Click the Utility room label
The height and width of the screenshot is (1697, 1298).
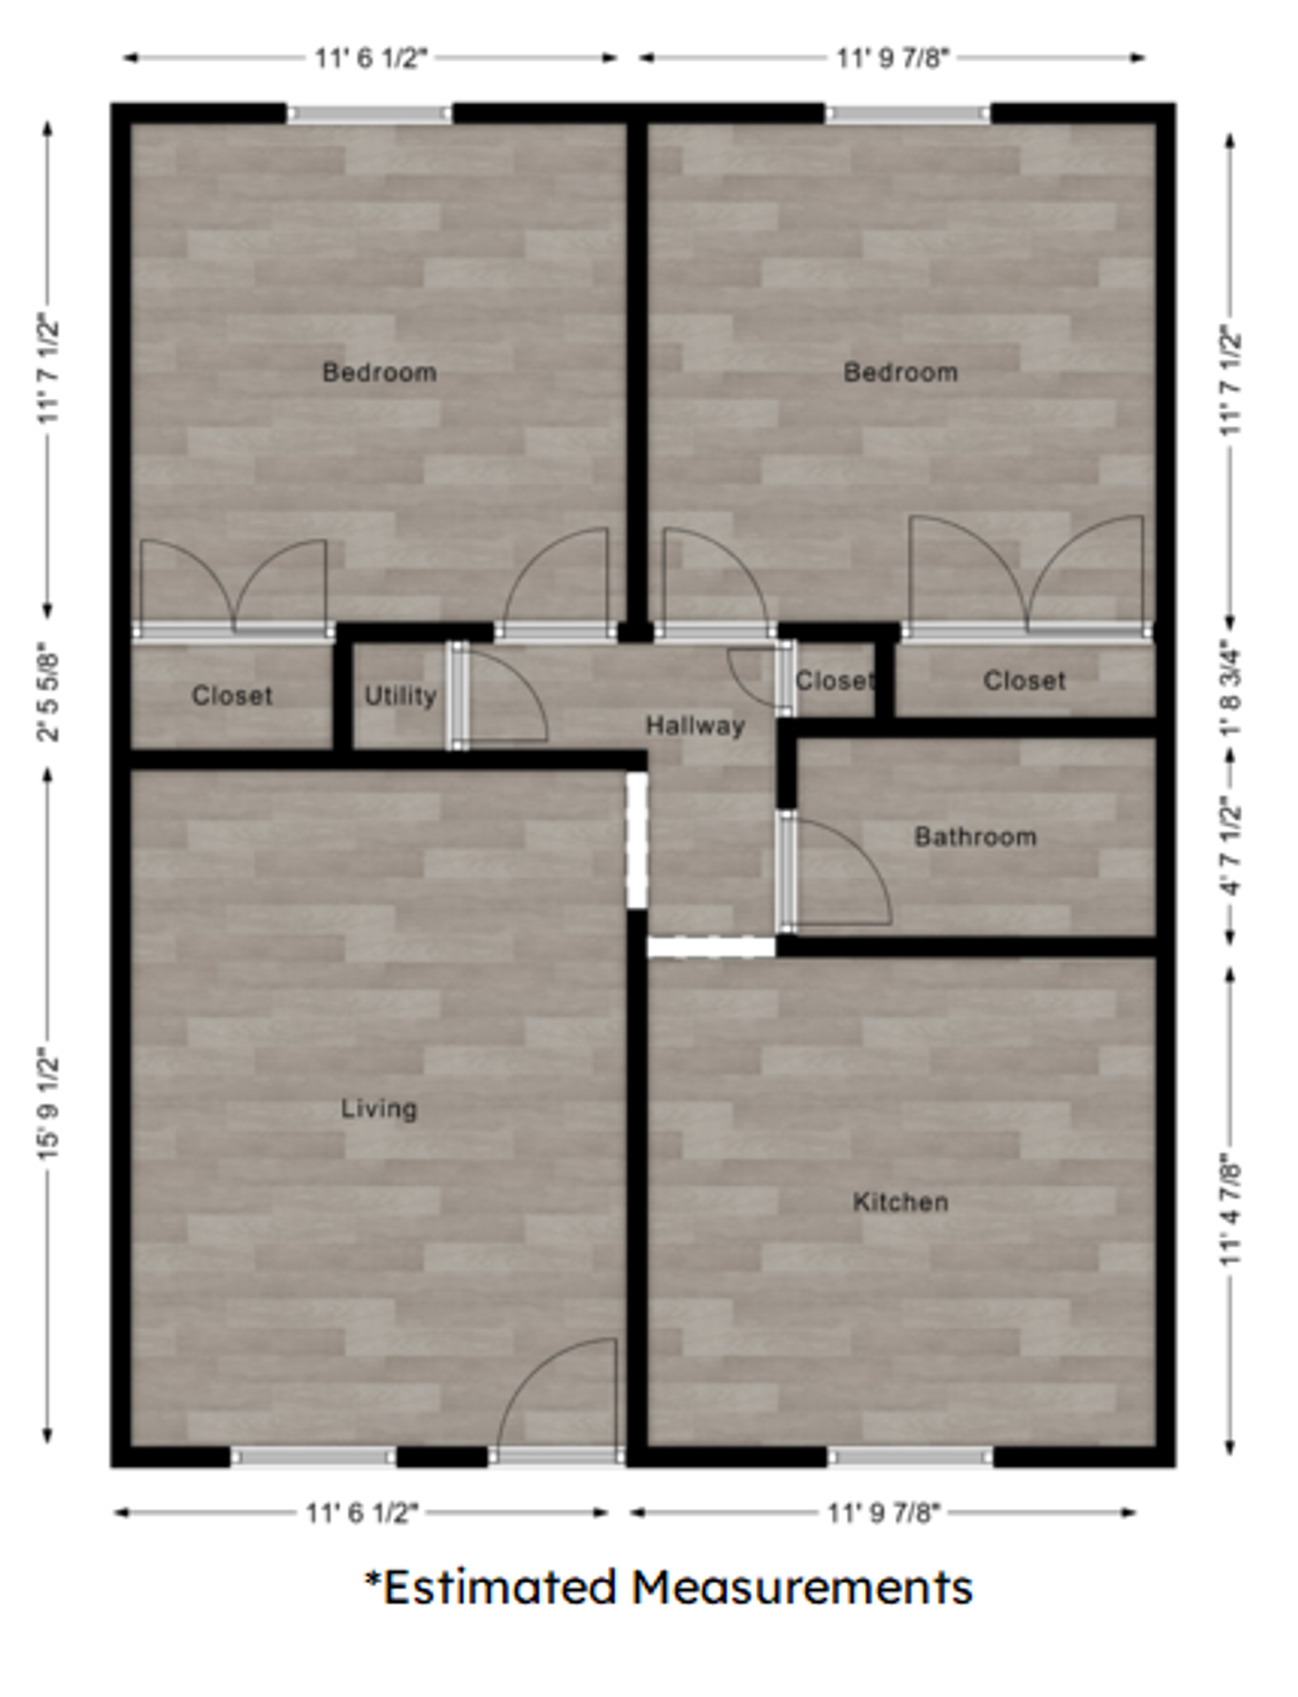[x=401, y=696]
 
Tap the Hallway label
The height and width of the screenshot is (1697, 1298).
[x=695, y=726]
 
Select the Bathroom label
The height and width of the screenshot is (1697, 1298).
[x=975, y=836]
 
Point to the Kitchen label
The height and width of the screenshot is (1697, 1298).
[x=900, y=1201]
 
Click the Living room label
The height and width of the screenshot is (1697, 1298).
[x=378, y=1107]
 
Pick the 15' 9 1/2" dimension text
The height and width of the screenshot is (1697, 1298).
[x=49, y=1105]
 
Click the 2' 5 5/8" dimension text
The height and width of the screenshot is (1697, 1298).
[x=49, y=696]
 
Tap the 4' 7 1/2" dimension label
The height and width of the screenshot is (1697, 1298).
[x=1232, y=846]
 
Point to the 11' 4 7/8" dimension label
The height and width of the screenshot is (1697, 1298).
[x=1232, y=1209]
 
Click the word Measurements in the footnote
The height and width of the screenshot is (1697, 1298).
[x=802, y=1587]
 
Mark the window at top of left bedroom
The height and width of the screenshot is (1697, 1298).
[x=369, y=114]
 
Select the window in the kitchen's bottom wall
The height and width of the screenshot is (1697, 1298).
[x=910, y=1457]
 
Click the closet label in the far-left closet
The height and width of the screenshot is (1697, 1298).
[x=232, y=696]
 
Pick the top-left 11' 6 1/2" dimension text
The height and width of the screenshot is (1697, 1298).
[x=370, y=58]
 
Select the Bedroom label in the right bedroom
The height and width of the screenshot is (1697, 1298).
[x=900, y=372]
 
